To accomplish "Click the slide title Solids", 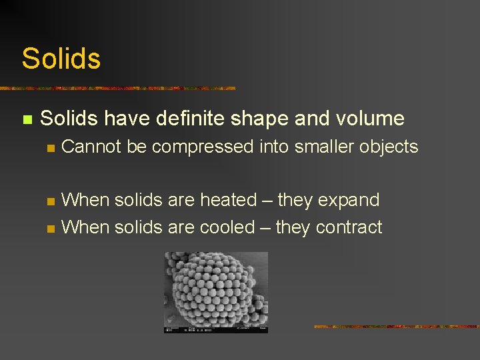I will (x=61, y=59).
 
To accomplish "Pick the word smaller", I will (x=319, y=147).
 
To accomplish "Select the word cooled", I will (x=227, y=227).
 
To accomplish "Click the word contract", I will (x=349, y=227).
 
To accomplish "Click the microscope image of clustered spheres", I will (x=215, y=288).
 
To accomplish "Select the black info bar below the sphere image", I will (x=215, y=329).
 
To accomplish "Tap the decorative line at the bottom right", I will (x=396, y=327).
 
